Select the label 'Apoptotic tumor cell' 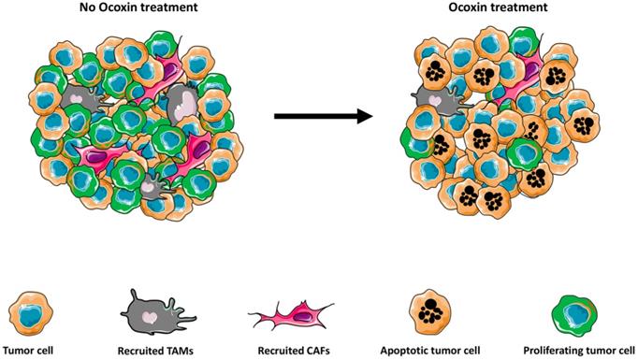[x=424, y=353]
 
